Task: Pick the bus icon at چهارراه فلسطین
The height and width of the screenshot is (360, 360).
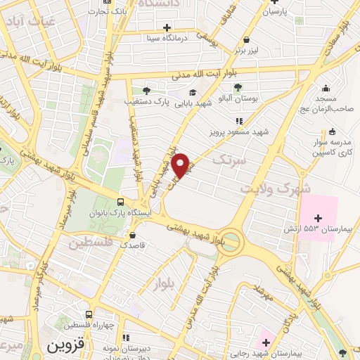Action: [89, 314]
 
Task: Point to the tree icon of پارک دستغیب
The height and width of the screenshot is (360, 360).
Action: [146, 90]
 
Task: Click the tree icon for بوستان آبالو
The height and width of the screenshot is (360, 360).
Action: [237, 88]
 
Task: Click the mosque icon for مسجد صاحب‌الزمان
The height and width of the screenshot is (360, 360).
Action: [326, 89]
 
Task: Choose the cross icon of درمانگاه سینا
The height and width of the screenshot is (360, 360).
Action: [167, 28]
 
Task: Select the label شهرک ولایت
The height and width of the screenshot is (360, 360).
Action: [274, 188]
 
